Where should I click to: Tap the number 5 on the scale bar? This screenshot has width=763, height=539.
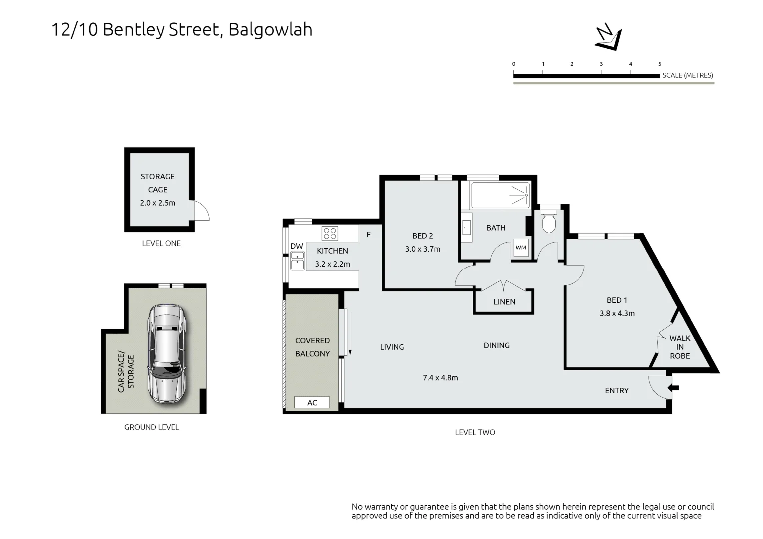coord(660,64)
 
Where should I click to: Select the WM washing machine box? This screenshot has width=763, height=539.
coord(521,248)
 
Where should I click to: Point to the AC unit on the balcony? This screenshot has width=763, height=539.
coord(312,402)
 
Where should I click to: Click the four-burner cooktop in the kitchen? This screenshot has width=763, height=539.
coord(330,234)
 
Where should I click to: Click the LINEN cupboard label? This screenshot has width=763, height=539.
coord(504,302)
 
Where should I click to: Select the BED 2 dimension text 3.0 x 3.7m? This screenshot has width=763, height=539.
coord(423,249)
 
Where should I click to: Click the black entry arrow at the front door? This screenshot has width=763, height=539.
coord(674,388)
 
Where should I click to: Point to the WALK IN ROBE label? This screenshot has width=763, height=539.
coord(680,347)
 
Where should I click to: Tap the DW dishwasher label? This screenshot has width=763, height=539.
coord(296,246)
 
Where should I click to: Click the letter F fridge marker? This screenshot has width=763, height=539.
coord(368,235)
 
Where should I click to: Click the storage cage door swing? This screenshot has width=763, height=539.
coord(202,210)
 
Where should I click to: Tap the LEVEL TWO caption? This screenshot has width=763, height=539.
coord(475,432)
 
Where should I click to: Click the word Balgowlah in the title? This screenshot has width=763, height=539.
coord(270,29)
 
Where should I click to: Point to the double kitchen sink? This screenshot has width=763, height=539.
coord(297,261)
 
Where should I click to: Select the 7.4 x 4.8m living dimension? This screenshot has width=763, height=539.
coord(440,378)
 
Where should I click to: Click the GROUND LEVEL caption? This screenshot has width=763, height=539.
coord(152,427)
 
